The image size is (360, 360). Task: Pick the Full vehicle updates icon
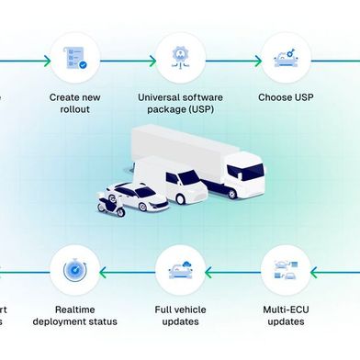tap(178, 270)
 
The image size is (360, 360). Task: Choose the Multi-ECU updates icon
tap(284, 270)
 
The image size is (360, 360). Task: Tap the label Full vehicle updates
tap(178, 315)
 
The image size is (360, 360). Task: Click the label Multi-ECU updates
tap(284, 315)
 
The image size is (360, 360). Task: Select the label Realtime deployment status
tap(74, 315)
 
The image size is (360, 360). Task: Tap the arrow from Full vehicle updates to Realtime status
tap(126, 271)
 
